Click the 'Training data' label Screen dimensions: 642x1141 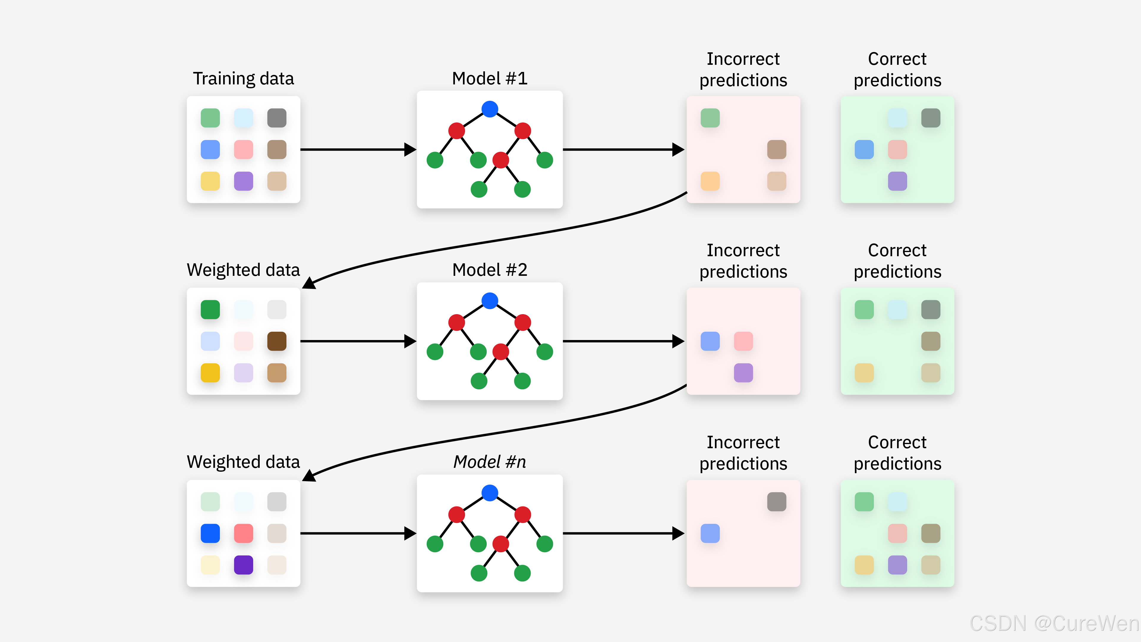(243, 79)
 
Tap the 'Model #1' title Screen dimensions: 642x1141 (489, 78)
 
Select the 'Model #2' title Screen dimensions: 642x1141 (489, 270)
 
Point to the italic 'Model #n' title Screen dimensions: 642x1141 (489, 462)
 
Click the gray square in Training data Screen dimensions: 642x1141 (277, 118)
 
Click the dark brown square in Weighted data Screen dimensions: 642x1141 (277, 341)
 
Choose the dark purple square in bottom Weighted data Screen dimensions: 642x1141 (243, 565)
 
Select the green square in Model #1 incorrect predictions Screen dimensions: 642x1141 (710, 118)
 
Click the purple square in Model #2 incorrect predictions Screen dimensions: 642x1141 (743, 373)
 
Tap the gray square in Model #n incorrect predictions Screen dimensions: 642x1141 (776, 501)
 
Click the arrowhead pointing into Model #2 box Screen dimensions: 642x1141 (410, 341)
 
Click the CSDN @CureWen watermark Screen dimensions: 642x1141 (1054, 623)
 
